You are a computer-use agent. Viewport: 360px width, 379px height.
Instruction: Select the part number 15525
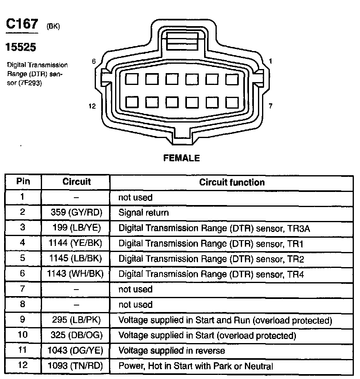(x=20, y=47)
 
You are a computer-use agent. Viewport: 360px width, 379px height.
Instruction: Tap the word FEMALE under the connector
(x=182, y=158)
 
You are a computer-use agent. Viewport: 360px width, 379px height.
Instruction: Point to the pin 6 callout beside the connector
(x=93, y=61)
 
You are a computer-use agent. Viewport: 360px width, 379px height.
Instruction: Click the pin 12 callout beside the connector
(x=92, y=106)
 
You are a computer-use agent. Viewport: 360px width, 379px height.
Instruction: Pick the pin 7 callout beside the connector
(x=270, y=106)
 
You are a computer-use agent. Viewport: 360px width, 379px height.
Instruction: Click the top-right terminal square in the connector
(x=231, y=79)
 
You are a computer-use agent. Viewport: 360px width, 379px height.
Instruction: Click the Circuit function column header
(x=232, y=182)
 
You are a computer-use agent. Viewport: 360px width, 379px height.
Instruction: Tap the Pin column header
(x=23, y=181)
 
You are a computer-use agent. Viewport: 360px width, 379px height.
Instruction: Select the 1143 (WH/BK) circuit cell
(x=77, y=274)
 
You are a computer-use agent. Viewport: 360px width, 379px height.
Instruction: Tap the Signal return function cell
(x=143, y=213)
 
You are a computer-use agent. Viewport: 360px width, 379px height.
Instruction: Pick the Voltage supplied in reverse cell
(x=171, y=351)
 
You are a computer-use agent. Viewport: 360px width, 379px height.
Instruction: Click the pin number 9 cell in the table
(x=23, y=320)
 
